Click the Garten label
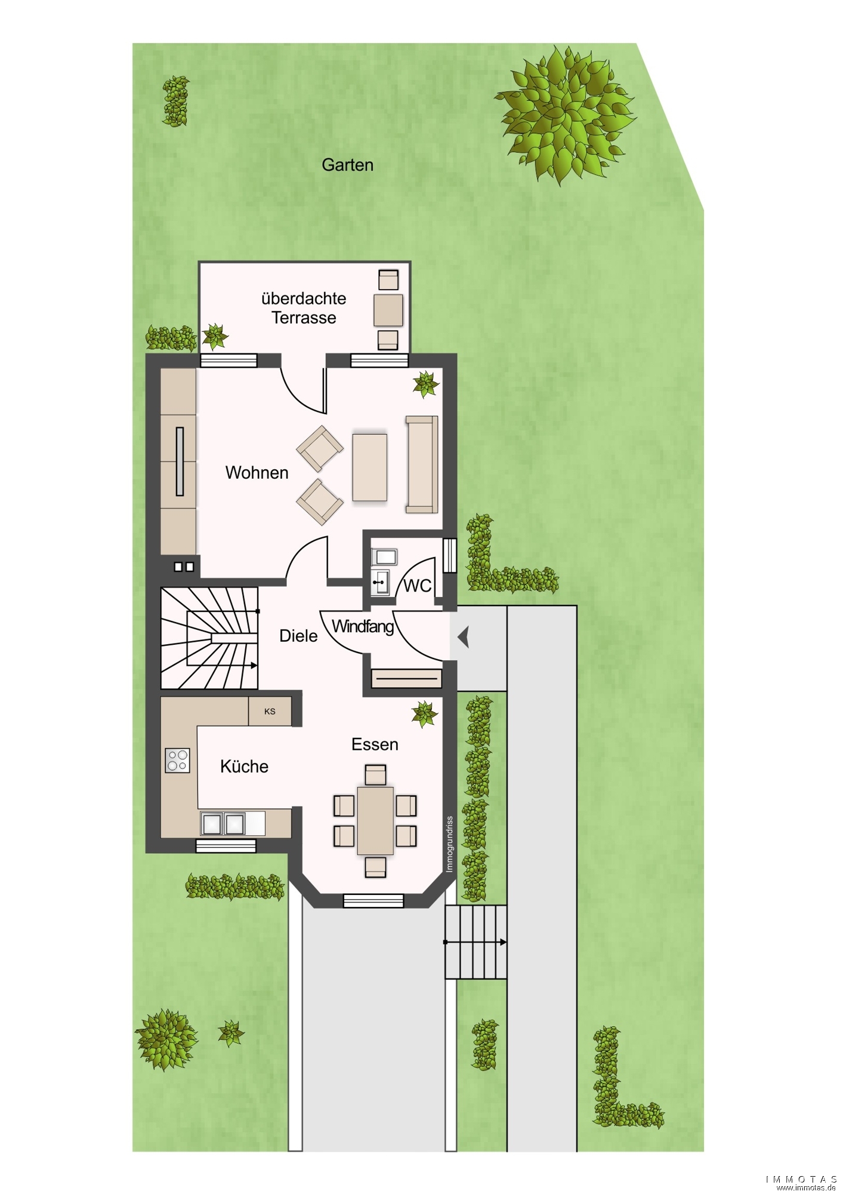click(x=347, y=165)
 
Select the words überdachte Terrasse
click(x=304, y=308)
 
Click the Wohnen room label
click(x=257, y=473)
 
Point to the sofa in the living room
click(x=422, y=464)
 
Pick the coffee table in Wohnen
click(x=370, y=467)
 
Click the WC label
click(x=418, y=586)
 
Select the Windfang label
click(x=363, y=627)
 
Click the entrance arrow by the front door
click(x=464, y=637)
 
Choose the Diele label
click(x=298, y=636)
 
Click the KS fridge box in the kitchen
click(x=270, y=712)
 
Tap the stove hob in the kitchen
click(x=178, y=761)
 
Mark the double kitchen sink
click(x=223, y=824)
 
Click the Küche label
click(x=244, y=767)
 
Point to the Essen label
click(x=375, y=744)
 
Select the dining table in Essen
click(x=375, y=821)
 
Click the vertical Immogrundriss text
click(x=449, y=844)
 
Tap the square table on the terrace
click(x=388, y=310)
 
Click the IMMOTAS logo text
click(x=802, y=1179)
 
